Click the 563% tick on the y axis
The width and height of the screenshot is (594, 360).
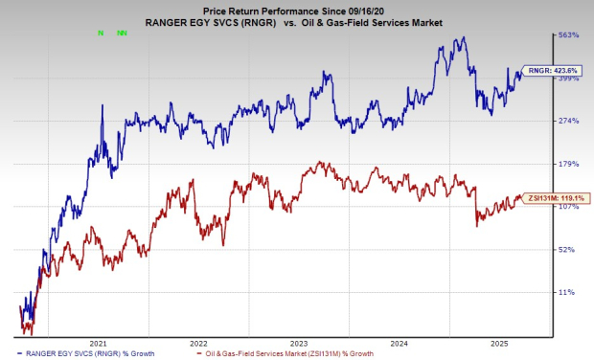tap(570, 35)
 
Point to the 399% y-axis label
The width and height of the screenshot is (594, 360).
tap(570, 79)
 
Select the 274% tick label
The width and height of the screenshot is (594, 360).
tap(570, 121)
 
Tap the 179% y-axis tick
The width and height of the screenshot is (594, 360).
tap(570, 164)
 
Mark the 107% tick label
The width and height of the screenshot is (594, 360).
tap(570, 206)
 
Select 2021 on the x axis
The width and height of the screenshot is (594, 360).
tap(97, 342)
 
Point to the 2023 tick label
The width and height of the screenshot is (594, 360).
tap(300, 342)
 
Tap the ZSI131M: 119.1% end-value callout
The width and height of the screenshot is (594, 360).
tap(553, 197)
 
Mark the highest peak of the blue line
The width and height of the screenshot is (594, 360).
tap(465, 38)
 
